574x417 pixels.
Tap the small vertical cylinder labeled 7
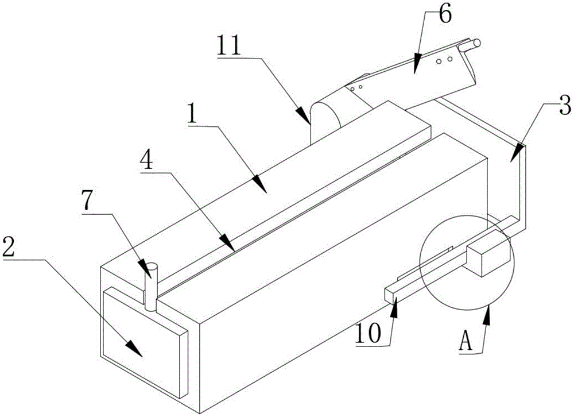(x=151, y=287)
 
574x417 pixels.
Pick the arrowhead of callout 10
(x=394, y=311)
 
